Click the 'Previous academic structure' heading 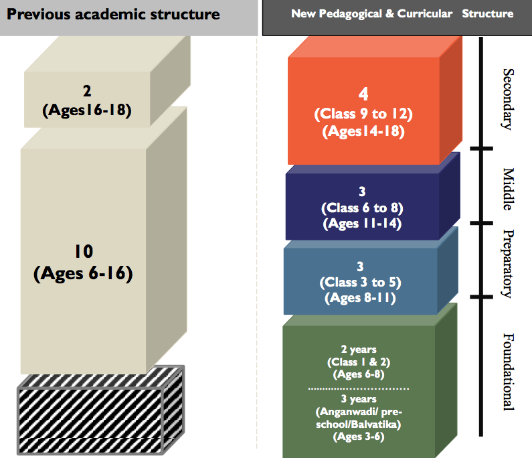click(114, 14)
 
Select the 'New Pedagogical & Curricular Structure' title click(402, 13)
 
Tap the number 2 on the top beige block click(87, 90)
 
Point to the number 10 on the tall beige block click(84, 252)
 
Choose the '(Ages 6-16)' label click(84, 273)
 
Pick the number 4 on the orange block click(363, 93)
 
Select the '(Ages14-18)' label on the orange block click(363, 131)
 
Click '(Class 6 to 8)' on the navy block click(362, 207)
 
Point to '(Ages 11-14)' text click(362, 224)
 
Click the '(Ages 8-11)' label click(361, 297)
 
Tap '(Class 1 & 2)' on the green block click(358, 362)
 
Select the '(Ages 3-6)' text click(358, 437)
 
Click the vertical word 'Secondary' click(507, 98)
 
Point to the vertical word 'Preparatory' click(507, 263)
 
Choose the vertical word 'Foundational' click(507, 372)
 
